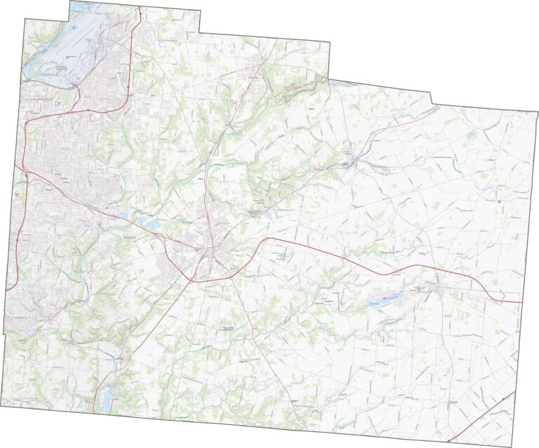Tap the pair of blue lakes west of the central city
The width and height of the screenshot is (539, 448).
pos(148,225)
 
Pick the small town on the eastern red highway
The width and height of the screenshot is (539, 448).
pos(439,286)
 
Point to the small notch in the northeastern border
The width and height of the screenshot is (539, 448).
pos(432,107)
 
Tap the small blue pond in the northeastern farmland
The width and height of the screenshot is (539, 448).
pos(471,135)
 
